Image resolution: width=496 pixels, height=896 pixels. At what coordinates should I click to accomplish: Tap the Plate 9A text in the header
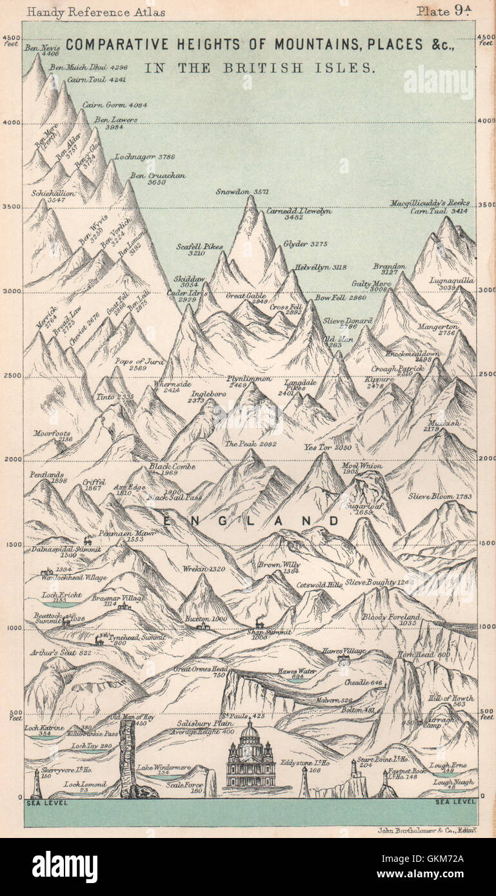[445, 11]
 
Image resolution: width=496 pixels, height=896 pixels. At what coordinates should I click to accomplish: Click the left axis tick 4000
[12, 122]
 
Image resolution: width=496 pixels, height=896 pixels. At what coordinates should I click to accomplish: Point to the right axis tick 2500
[486, 374]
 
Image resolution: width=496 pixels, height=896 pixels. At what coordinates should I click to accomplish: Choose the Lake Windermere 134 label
[163, 771]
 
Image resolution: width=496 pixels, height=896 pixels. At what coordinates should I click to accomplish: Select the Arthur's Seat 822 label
[60, 652]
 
